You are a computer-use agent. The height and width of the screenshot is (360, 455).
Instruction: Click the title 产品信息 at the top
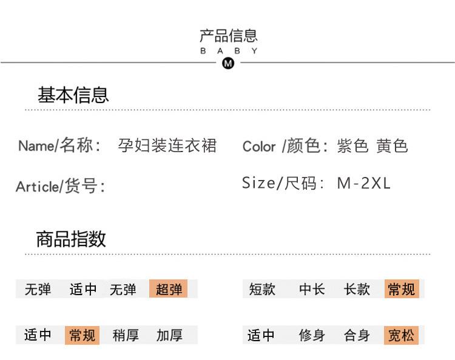click(228, 36)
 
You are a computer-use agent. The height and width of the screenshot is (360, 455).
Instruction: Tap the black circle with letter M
click(228, 62)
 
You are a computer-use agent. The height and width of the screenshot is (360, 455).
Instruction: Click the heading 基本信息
click(73, 95)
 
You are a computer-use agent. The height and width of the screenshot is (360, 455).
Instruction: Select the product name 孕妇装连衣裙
click(167, 145)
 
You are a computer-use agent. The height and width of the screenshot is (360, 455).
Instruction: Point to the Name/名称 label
click(58, 146)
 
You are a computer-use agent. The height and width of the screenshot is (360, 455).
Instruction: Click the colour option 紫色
click(352, 146)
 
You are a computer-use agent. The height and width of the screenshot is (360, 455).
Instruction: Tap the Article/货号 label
click(60, 186)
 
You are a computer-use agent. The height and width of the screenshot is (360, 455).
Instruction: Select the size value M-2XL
click(363, 183)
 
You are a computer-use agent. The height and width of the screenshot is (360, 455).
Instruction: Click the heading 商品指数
click(71, 239)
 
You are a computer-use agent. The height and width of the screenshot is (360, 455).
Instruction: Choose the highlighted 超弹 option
click(168, 289)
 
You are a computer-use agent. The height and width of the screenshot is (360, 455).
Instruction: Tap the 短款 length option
click(262, 289)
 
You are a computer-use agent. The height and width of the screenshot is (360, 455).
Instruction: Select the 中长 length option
click(312, 289)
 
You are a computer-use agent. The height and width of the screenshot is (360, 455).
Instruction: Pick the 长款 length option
click(357, 289)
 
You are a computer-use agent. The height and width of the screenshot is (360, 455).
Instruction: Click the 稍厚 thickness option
click(126, 335)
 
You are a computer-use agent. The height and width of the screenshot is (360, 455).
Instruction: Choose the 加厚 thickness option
click(169, 335)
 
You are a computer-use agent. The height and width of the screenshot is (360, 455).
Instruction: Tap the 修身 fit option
click(312, 335)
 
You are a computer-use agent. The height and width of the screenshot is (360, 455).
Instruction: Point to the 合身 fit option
click(357, 335)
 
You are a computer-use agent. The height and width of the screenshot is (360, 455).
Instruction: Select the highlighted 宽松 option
click(401, 335)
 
